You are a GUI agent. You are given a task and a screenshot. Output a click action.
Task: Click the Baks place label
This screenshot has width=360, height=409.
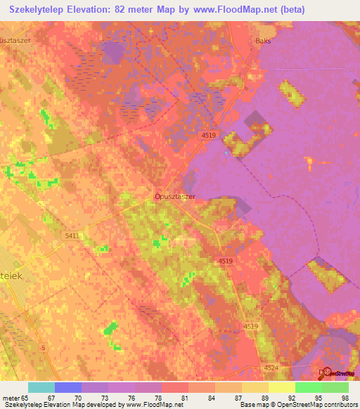tap(264, 41)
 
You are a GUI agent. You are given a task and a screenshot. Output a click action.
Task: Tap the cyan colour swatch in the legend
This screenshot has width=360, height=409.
tap(41, 387)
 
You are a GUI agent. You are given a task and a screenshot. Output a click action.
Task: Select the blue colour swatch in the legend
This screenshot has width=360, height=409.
tap(67, 387)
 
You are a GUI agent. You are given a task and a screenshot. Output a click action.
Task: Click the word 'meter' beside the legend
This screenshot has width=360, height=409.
tap(11, 397)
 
